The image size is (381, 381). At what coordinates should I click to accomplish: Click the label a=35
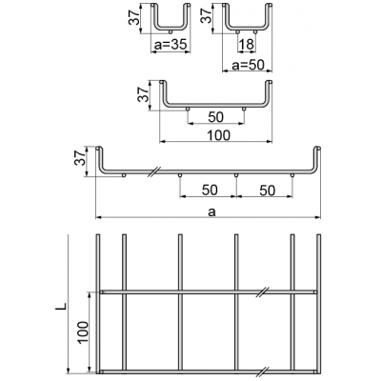[x=170, y=46]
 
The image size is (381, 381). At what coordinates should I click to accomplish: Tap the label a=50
[x=248, y=65]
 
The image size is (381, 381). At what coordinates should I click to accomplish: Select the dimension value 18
[x=247, y=45]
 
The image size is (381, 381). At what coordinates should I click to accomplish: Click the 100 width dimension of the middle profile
[x=218, y=135]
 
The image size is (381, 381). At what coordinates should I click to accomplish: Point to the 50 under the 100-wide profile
[x=216, y=117]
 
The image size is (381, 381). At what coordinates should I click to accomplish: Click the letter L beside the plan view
[x=62, y=306]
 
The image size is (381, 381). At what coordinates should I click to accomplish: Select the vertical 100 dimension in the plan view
[x=83, y=332]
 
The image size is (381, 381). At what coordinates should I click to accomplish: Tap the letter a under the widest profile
[x=211, y=211]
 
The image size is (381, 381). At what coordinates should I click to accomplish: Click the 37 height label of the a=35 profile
[x=133, y=17]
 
